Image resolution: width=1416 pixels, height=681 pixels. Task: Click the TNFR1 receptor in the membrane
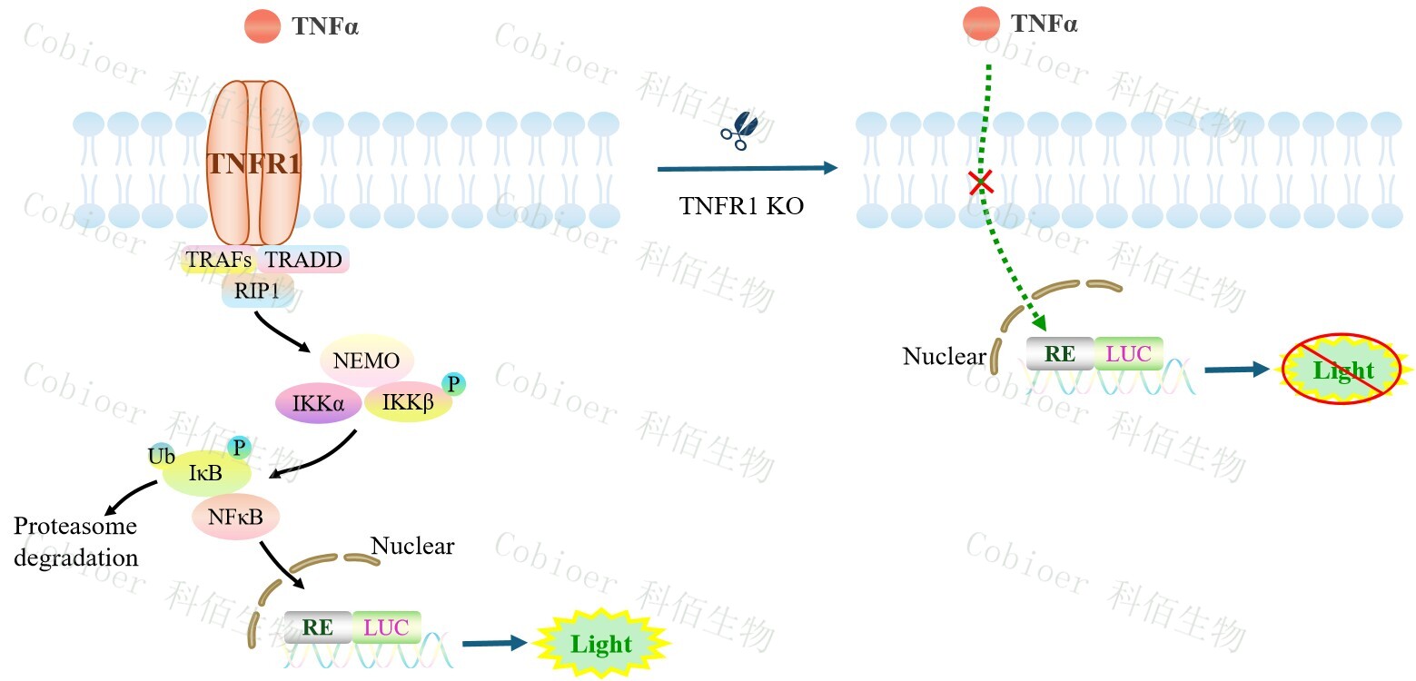click(253, 163)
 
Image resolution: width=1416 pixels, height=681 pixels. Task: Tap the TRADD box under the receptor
click(304, 261)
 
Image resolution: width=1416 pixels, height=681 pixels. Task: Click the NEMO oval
click(366, 360)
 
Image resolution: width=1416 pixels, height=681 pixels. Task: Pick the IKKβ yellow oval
click(409, 402)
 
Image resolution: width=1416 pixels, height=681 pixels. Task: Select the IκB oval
click(205, 473)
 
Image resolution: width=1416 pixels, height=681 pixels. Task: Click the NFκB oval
click(235, 518)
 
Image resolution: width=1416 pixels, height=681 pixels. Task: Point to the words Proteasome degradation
click(75, 542)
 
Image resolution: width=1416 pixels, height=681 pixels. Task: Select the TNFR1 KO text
click(742, 206)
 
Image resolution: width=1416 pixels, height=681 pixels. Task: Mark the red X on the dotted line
click(980, 183)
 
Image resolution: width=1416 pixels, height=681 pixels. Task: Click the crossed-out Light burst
click(1342, 370)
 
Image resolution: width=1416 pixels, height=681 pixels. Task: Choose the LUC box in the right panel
click(1129, 354)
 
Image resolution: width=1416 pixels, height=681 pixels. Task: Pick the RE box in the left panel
click(318, 627)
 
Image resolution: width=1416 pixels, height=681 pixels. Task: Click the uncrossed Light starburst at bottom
click(600, 644)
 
